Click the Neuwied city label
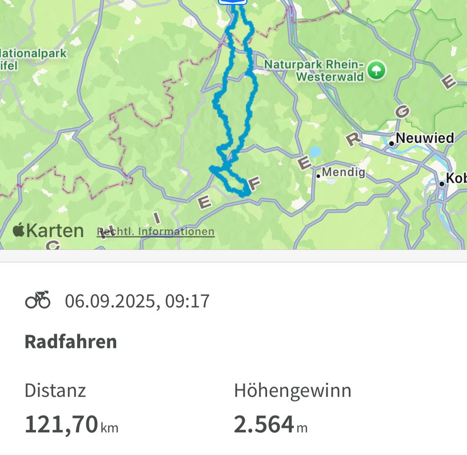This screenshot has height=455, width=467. [425, 138]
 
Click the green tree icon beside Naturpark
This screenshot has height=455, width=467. [376, 71]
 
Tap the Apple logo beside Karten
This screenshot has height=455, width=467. [18, 230]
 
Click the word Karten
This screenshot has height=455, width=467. [55, 231]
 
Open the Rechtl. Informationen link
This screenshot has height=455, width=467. [156, 232]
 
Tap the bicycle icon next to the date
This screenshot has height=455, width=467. [37, 300]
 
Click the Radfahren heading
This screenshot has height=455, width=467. [71, 342]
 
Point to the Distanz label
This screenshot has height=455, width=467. [55, 391]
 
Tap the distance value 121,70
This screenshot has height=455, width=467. [61, 424]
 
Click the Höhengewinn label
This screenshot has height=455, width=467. [292, 391]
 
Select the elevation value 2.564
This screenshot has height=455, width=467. [264, 424]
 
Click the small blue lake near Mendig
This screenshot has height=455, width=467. [315, 152]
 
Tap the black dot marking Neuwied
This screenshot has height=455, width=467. [391, 143]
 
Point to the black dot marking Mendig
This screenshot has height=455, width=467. [318, 176]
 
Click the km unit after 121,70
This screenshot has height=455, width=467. [109, 427]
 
